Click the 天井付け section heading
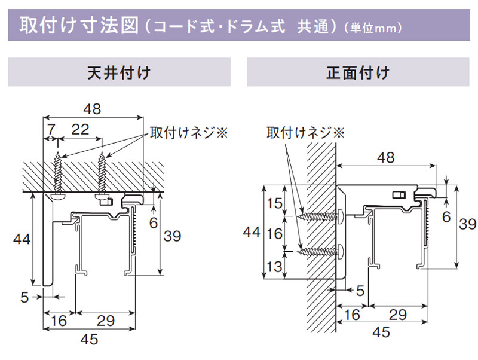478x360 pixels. [119, 72]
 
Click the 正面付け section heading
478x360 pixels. [358, 72]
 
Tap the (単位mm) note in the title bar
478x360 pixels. [373, 28]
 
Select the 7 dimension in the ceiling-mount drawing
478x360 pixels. [51, 129]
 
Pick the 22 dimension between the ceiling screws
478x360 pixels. [80, 129]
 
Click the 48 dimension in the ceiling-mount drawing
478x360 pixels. [93, 109]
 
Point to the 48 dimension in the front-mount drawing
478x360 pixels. [386, 158]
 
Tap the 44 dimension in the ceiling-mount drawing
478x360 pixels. [22, 239]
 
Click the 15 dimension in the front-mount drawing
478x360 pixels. [275, 203]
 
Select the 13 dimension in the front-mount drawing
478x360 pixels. [275, 267]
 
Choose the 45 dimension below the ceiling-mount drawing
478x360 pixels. [89, 339]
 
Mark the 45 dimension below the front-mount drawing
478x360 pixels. [381, 332]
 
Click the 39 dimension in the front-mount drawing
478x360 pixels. [468, 224]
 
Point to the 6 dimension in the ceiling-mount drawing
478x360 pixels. [154, 223]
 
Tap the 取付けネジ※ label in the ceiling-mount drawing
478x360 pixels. [189, 133]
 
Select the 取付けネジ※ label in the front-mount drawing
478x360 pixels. [305, 133]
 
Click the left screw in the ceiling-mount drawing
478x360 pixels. [58, 176]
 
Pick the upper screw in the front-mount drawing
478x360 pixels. [321, 216]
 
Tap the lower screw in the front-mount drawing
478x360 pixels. [321, 251]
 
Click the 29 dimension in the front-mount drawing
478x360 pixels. [398, 315]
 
